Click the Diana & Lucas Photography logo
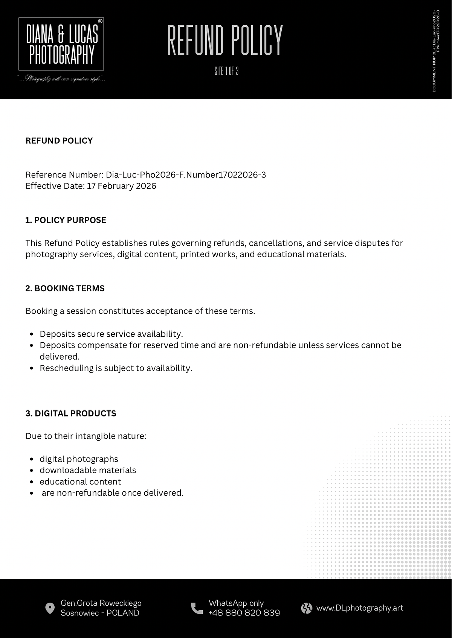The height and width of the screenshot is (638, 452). point(61,44)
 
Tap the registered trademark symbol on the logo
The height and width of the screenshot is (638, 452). point(100,21)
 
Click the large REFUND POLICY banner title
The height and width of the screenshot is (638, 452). point(225,40)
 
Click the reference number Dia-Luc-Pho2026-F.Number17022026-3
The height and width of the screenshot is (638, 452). point(186,175)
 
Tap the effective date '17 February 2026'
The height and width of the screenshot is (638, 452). point(121,186)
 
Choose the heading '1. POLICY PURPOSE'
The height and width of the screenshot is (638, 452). point(66,220)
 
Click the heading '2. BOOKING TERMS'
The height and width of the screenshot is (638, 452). point(65,288)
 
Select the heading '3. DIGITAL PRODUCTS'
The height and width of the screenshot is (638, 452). point(71,413)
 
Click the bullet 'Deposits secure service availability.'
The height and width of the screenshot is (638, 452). point(111,334)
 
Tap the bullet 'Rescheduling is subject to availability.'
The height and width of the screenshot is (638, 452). point(116,368)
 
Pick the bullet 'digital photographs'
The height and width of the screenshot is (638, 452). point(79,459)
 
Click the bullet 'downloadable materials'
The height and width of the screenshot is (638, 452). point(88,470)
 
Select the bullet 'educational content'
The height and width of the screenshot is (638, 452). point(80,482)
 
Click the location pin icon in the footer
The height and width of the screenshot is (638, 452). point(50,608)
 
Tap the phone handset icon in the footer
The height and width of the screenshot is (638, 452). point(197,608)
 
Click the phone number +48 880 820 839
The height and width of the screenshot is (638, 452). point(244,613)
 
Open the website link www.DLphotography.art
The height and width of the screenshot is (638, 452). point(360,608)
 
